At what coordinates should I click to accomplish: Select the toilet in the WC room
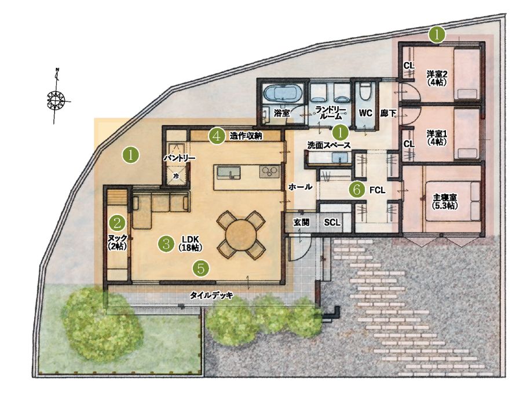point(365,91)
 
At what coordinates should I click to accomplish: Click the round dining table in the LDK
point(241,235)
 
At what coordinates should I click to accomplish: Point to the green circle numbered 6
point(357,190)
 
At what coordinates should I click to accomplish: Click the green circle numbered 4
point(216,136)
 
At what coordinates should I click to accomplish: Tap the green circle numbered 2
point(118,222)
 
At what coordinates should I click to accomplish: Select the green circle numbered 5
point(200,268)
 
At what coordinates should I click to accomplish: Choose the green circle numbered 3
point(166,243)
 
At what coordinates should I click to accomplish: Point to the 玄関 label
point(302,223)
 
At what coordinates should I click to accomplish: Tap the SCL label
point(332,223)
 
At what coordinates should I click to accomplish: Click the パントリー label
point(180,158)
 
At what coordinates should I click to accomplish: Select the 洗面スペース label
point(329,146)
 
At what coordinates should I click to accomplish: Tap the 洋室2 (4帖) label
point(437,78)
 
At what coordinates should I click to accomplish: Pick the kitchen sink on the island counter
point(229,173)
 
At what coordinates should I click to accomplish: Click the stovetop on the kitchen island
point(269,172)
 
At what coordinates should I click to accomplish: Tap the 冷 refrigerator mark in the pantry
point(176,176)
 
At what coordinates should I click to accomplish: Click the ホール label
point(300,187)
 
